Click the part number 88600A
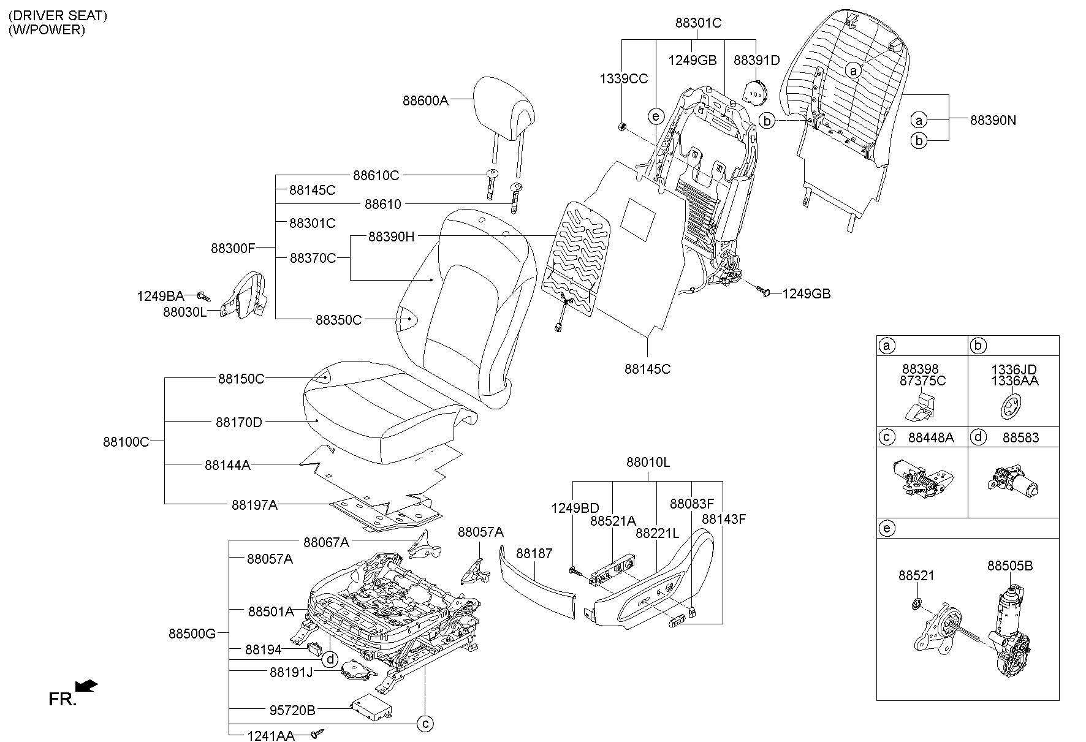pos(425,100)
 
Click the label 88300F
pos(233,248)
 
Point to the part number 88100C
pos(126,441)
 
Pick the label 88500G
pos(192,634)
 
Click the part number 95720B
pos(292,710)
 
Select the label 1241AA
pos(271,735)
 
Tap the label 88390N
pos(993,121)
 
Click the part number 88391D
pos(756,60)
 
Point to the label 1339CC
pos(623,78)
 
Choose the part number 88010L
pos(648,463)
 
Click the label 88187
pos(534,553)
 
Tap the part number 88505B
pos(1009,566)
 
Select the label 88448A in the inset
pos(931,437)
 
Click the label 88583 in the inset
pos(1020,437)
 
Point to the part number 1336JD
pos(1014,369)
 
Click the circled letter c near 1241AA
pos(425,724)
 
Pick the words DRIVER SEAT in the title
pos(58,16)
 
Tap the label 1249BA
pos(160,297)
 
